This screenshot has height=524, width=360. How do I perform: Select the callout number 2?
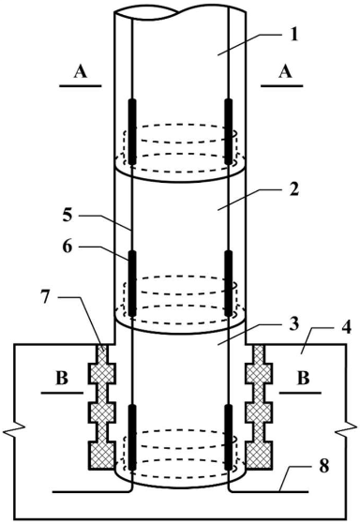(x=293, y=189)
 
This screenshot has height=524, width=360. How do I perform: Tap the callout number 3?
(x=293, y=325)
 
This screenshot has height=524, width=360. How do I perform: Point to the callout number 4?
(x=347, y=328)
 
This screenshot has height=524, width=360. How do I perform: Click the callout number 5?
(x=67, y=216)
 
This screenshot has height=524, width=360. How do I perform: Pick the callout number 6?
(x=67, y=247)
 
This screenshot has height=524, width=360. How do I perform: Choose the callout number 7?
(x=47, y=297)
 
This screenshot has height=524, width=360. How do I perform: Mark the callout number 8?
(x=323, y=465)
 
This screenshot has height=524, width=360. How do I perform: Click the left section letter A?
(x=81, y=71)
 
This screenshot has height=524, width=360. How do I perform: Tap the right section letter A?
(x=285, y=71)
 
